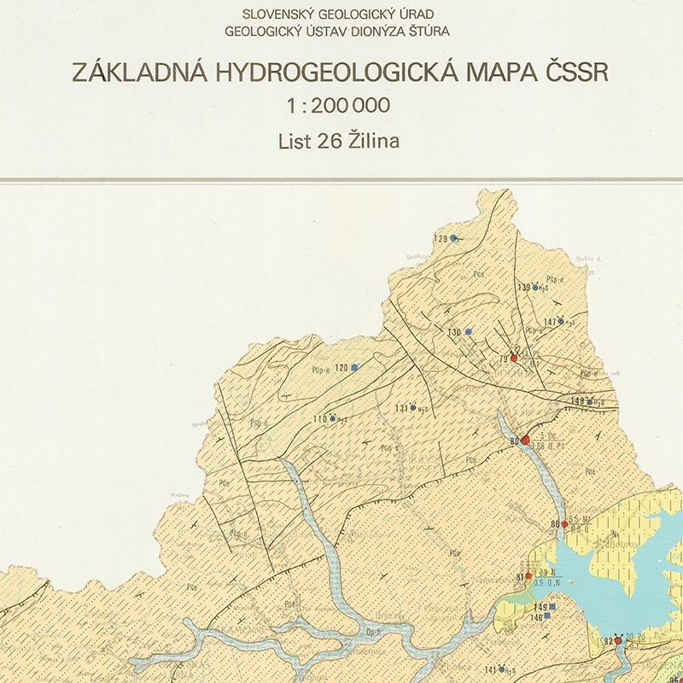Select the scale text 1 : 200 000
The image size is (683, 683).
tap(340, 106)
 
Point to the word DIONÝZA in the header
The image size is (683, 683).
tap(377, 32)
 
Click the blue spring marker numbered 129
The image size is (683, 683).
tap(454, 238)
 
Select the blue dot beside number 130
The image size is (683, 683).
tap(468, 331)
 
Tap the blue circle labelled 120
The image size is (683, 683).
tap(354, 367)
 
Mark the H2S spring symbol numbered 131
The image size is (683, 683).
tap(413, 409)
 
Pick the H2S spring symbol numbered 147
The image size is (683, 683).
tap(563, 322)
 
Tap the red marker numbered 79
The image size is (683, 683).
tap(514, 358)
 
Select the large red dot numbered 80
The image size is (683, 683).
tap(526, 441)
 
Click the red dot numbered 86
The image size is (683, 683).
tap(564, 523)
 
